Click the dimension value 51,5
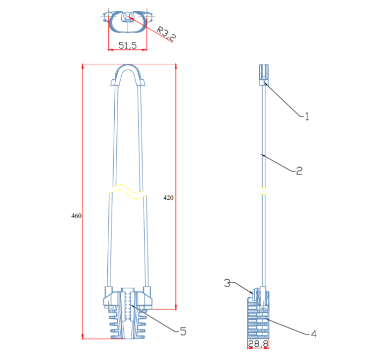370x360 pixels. pos(128,45)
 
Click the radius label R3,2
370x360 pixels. pos(166,33)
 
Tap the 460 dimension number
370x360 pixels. pos(76,216)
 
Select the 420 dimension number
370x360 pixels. pos(168,198)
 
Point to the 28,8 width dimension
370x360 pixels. pos(258,343)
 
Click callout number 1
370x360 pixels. pos(307,116)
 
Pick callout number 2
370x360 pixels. pos(299,171)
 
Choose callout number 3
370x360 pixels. pos(227,283)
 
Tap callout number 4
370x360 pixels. pos(314,334)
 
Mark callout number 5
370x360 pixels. pos(183,331)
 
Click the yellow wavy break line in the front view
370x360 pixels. pos(128,191)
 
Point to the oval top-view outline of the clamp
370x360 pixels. pos(128,22)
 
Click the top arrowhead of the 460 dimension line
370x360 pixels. pos(83,66)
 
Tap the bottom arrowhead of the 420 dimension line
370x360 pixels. pos(176,307)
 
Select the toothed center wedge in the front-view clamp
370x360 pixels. pos(128,306)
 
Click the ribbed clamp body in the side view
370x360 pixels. pos(258,318)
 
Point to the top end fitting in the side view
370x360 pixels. pos(264,74)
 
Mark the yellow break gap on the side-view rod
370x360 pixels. pos(264,191)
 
